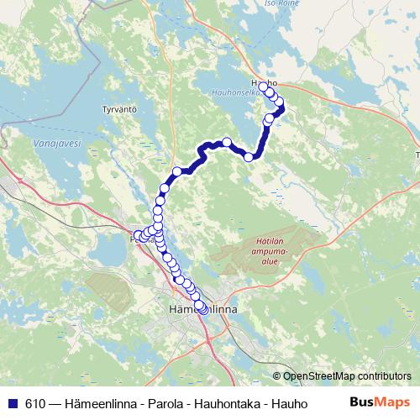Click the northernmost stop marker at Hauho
pos(264,87)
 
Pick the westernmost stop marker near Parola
pos(138,236)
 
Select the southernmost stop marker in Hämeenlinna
pos(202,309)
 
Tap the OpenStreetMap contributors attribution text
pos(348,376)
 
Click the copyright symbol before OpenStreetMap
pos(276,376)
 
